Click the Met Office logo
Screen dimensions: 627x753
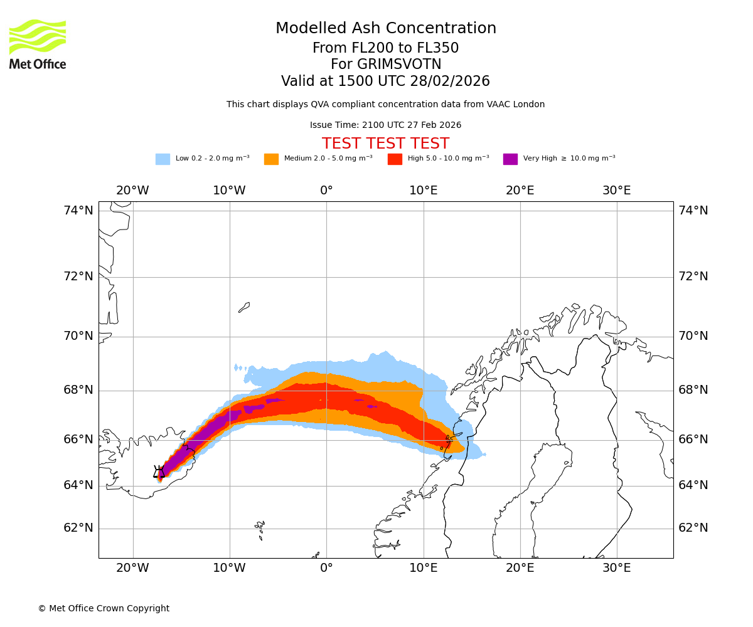click(38, 44)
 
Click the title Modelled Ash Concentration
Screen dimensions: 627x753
click(386, 28)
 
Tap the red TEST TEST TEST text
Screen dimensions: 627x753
click(385, 144)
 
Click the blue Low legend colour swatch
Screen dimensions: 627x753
click(163, 159)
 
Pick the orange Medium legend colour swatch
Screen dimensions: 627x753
click(271, 159)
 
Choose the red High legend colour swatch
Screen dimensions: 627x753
click(395, 159)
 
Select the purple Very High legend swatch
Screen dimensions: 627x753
click(510, 159)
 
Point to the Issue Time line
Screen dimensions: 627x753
click(385, 125)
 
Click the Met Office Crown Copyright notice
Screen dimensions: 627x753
click(104, 608)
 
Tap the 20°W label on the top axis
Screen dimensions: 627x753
click(132, 191)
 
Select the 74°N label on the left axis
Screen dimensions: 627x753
click(78, 211)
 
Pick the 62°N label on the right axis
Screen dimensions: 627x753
click(693, 528)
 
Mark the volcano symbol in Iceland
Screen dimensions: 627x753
click(159, 472)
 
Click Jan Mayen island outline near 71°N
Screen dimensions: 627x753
click(244, 307)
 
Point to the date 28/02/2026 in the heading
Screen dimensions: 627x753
click(450, 82)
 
